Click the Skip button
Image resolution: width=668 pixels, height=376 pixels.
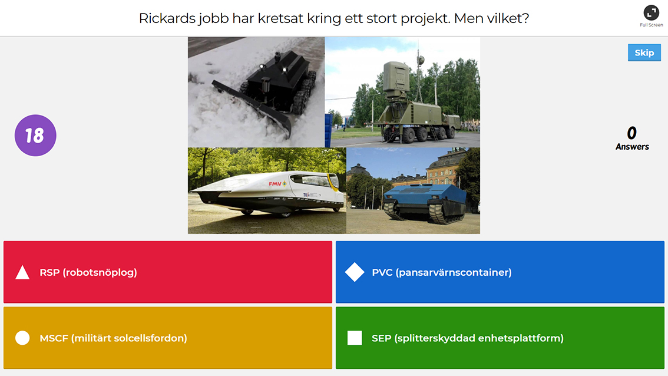[644, 52]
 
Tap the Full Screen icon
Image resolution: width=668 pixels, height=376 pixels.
[651, 13]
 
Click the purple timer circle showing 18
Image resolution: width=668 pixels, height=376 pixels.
[35, 135]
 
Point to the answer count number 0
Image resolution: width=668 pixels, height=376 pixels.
[632, 133]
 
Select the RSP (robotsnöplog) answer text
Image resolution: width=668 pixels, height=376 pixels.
[88, 272]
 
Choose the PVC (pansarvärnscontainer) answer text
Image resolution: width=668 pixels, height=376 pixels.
[442, 272]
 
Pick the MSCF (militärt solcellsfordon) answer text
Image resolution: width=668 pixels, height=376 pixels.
[113, 338]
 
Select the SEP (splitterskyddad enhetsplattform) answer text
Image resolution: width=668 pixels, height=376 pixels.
[468, 338]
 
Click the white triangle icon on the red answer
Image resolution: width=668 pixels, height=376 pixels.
[22, 273]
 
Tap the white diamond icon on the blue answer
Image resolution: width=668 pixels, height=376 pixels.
[355, 272]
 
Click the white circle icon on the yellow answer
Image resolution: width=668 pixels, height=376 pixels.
[22, 338]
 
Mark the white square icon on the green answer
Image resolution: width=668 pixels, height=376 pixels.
[355, 338]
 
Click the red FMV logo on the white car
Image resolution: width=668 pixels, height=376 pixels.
[275, 184]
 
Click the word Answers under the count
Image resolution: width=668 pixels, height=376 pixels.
[632, 147]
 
